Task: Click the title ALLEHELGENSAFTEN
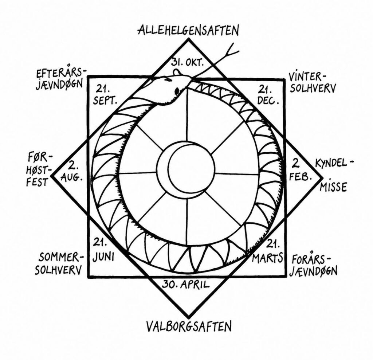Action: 188,30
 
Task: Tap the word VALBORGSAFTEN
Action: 188,326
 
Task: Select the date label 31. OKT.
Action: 188,63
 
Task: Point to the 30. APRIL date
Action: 186,284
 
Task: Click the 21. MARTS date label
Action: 268,252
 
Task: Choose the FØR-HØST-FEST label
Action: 39,170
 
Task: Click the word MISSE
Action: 333,187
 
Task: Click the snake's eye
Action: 177,90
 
